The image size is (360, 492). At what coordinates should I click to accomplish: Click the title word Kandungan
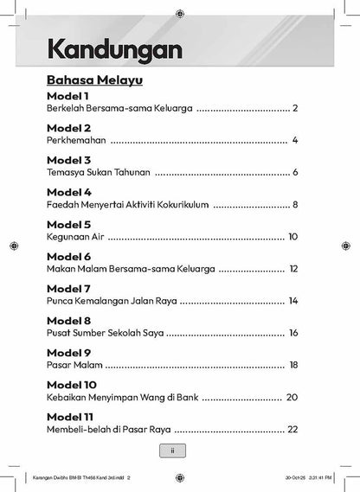point(114,49)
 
